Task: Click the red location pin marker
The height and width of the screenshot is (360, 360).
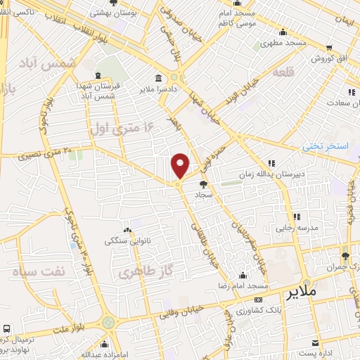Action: click(180, 165)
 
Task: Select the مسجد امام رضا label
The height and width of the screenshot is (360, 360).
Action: click(247, 287)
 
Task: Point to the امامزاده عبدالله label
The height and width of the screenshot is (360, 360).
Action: click(107, 355)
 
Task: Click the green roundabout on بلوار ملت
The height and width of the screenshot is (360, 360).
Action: click(108, 322)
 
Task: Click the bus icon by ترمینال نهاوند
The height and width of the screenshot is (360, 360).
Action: click(6, 328)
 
